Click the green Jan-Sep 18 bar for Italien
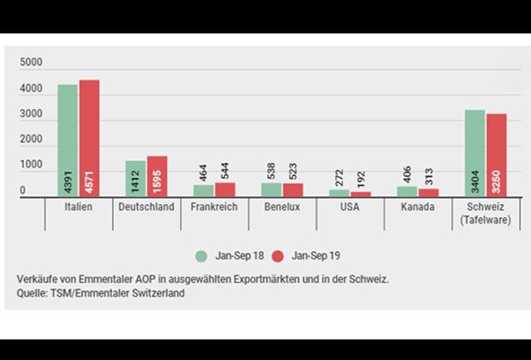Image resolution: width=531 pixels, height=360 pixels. (x=68, y=141)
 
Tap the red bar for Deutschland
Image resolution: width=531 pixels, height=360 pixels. (x=157, y=177)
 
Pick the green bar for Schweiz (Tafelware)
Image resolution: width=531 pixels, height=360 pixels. (x=474, y=154)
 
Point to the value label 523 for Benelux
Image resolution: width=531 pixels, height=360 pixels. (x=293, y=169)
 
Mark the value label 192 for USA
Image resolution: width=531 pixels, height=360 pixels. (x=361, y=177)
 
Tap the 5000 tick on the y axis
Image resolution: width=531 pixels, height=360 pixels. (x=31, y=63)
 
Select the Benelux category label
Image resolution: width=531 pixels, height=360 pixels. (x=282, y=207)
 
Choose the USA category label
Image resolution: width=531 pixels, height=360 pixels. (x=350, y=207)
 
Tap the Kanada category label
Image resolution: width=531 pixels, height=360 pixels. (x=417, y=207)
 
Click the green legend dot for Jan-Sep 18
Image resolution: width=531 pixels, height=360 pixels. (x=200, y=255)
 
